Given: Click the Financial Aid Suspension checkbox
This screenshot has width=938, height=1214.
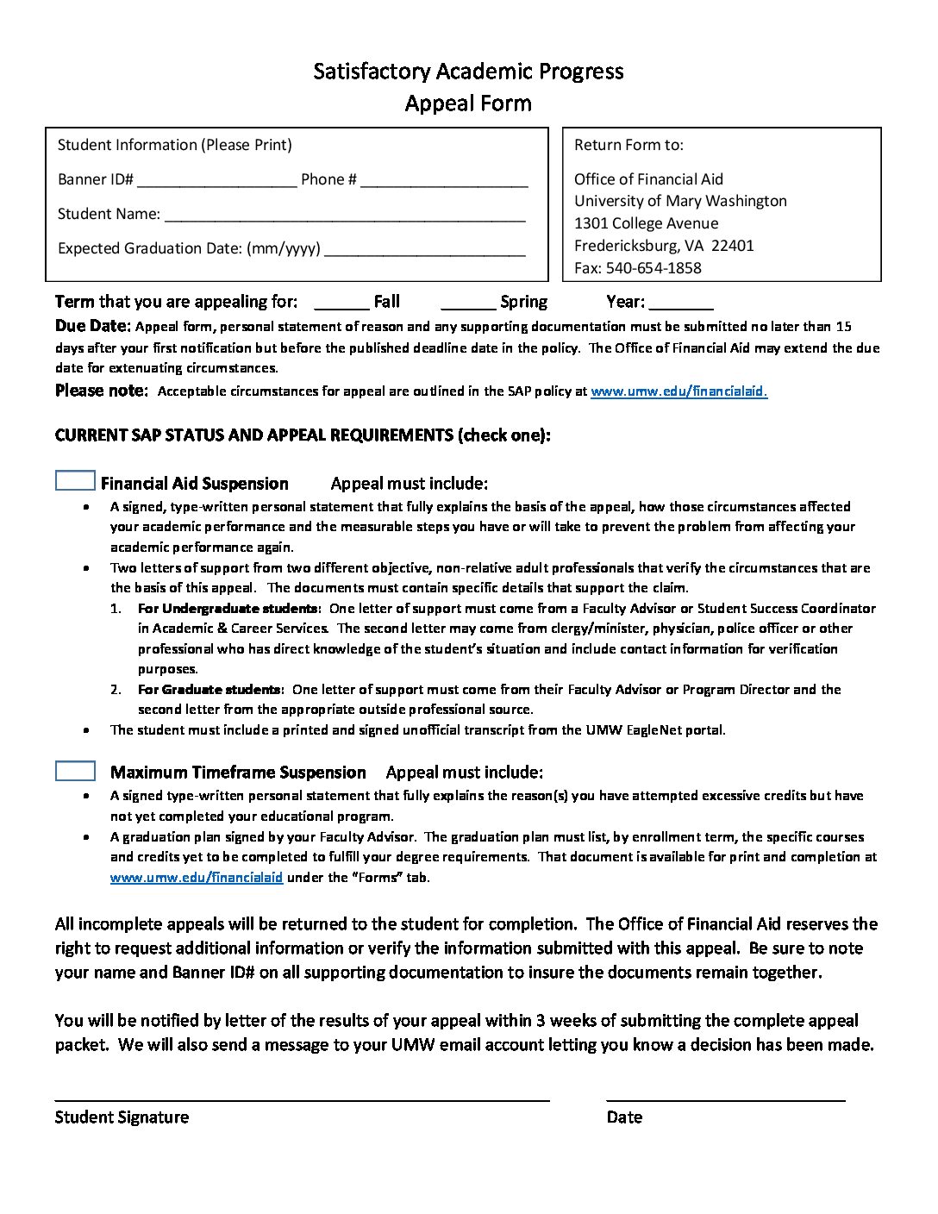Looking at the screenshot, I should (75, 481).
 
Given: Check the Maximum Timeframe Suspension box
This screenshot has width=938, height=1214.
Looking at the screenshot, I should (75, 771).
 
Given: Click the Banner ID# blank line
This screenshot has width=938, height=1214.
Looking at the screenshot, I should (216, 181).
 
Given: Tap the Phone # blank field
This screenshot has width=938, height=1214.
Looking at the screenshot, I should (444, 181).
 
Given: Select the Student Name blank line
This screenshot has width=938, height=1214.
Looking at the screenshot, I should (344, 216).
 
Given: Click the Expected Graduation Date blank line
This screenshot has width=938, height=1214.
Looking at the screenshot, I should (425, 250).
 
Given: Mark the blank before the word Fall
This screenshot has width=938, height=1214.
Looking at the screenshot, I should (341, 303).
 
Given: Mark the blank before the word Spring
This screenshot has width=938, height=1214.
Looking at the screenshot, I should (468, 303).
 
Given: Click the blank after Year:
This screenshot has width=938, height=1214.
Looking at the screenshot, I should (680, 303).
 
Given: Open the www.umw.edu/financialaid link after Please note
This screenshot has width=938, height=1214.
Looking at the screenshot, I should (678, 391).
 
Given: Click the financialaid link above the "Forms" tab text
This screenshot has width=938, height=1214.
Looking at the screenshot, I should (197, 878).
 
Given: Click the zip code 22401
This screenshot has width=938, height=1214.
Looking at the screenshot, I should (734, 246).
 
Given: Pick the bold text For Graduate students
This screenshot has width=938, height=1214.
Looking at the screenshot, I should (209, 690).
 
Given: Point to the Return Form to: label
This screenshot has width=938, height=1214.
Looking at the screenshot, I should (628, 145).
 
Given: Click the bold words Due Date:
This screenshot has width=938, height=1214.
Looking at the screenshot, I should (92, 327).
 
